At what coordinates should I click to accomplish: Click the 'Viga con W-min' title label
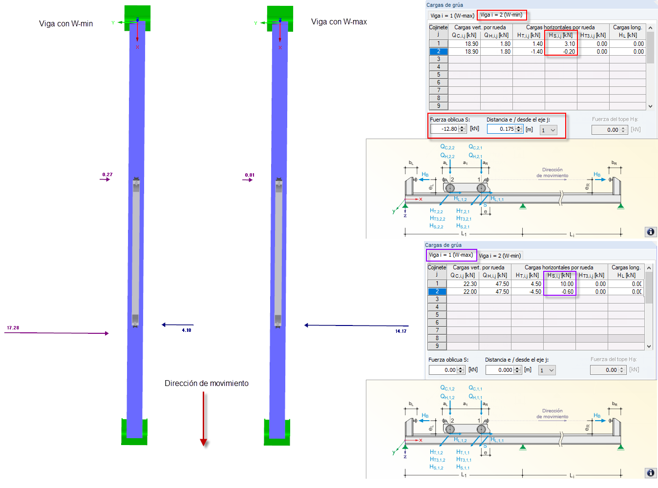pos(66,23)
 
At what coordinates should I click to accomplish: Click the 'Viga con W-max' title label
pos(339,21)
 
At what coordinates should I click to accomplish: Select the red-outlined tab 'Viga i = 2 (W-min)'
pos(501,15)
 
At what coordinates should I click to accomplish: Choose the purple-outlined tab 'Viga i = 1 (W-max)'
pos(451,255)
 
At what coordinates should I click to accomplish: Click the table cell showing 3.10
pos(561,44)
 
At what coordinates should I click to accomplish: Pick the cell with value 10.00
pos(560,284)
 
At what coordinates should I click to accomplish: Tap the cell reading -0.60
pos(560,292)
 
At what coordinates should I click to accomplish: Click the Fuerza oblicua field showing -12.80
pos(445,129)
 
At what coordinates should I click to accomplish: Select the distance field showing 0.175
pos(502,129)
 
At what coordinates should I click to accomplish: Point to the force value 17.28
pos(13,328)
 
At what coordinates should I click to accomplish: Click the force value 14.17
pos(401,331)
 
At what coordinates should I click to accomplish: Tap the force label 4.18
pos(187,330)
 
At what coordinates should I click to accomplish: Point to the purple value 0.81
pos(250,175)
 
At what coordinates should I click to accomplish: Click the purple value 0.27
pos(107,174)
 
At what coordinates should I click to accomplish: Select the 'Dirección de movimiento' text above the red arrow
pos(206,383)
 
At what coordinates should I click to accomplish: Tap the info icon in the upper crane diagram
pos(651,232)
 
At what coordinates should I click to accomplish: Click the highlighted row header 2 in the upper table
pos(438,52)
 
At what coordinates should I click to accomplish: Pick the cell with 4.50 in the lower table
pos(528,284)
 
